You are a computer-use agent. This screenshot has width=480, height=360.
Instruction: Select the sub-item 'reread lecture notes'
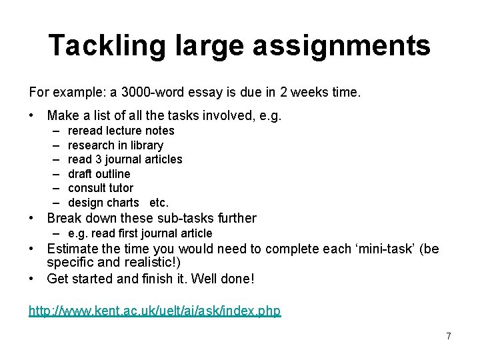(121, 131)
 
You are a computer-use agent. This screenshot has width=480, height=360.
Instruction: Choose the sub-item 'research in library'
(115, 145)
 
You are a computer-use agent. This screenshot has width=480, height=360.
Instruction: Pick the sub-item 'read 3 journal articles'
(125, 159)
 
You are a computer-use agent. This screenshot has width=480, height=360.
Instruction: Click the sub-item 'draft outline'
(99, 174)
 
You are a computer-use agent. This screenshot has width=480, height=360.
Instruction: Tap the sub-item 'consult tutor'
(101, 188)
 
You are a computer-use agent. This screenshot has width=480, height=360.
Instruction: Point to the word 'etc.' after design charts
(159, 203)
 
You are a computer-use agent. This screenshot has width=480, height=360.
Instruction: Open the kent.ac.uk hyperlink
(155, 311)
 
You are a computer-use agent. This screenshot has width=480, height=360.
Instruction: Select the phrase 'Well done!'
(223, 279)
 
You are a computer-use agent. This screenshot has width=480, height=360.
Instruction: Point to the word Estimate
(74, 249)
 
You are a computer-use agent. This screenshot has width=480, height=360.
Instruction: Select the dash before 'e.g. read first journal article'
(57, 233)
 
